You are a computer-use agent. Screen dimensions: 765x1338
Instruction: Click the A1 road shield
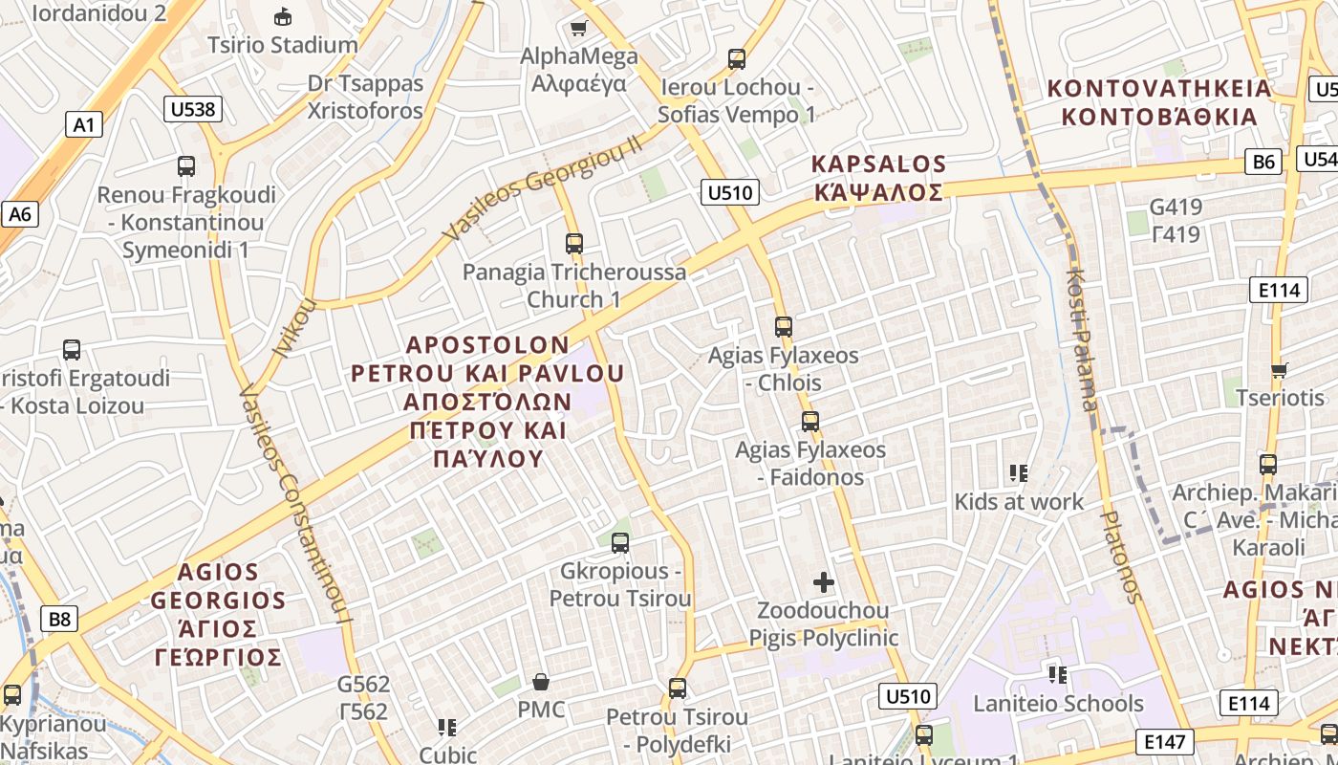[84, 123]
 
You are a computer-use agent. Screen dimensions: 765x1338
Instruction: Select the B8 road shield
[59, 619]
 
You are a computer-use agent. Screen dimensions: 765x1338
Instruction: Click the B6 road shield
[1263, 162]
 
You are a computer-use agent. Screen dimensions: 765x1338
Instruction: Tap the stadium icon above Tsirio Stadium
[283, 16]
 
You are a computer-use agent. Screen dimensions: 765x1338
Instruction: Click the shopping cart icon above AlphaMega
[578, 28]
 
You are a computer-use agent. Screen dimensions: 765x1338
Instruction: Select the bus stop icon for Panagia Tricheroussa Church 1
[573, 243]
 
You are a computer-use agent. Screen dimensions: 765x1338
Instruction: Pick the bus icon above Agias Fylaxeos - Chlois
[784, 326]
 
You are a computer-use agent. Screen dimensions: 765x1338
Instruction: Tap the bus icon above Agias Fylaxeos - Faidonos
[810, 421]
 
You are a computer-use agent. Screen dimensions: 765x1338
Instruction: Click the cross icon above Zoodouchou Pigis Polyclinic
[823, 581]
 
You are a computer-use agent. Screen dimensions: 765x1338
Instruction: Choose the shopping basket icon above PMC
[541, 682]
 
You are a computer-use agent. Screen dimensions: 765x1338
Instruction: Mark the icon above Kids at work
[1019, 472]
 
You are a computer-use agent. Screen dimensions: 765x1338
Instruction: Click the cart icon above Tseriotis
[1280, 369]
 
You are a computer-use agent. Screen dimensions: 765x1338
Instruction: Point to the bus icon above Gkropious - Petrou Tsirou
[620, 543]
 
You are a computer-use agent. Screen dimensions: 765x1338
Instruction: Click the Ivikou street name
[294, 328]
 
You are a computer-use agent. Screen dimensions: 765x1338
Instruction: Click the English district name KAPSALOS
[878, 164]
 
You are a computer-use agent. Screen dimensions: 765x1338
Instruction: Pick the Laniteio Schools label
[1058, 704]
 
